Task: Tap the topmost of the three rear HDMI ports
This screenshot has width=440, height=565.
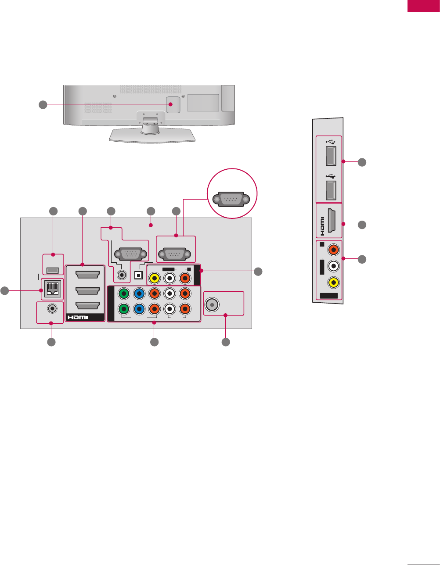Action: [x=87, y=275]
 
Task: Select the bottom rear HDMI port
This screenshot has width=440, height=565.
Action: [x=87, y=307]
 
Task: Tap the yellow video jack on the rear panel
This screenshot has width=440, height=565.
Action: [x=154, y=278]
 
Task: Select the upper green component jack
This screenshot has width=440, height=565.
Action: [x=124, y=293]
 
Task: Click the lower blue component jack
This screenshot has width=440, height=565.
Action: [x=139, y=308]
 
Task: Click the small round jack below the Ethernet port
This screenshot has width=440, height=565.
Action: [x=52, y=308]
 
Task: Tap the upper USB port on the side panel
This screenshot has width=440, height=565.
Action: [x=331, y=156]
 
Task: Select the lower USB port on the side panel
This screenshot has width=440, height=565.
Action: [x=331, y=189]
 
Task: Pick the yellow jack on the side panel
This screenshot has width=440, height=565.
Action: [x=334, y=283]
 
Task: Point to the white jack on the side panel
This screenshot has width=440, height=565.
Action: [x=334, y=266]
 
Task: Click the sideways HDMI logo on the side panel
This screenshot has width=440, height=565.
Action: [x=322, y=224]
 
